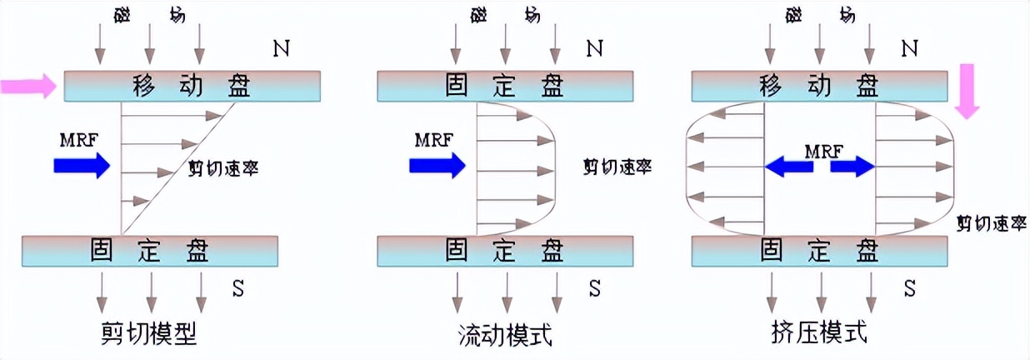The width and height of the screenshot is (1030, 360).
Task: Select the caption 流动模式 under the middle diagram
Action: [506, 335]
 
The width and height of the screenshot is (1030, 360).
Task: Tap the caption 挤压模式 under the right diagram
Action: [820, 333]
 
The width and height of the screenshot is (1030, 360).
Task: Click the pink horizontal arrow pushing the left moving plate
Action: [27, 85]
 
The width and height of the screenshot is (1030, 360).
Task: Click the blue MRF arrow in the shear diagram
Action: [81, 166]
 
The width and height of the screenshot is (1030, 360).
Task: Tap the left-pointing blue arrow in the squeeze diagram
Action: [788, 167]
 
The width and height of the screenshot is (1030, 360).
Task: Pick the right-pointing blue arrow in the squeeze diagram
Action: [852, 167]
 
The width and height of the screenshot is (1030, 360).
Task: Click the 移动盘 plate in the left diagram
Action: [192, 85]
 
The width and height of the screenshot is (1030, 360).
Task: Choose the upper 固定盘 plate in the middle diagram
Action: [506, 85]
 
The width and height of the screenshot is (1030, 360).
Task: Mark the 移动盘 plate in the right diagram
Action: [820, 85]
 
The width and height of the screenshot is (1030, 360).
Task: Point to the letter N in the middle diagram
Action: [594, 48]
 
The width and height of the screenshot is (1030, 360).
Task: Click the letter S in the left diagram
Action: [239, 288]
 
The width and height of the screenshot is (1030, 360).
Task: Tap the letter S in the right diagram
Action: [910, 288]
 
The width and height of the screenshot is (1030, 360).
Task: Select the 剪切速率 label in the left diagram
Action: [223, 167]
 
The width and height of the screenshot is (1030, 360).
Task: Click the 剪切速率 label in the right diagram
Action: [991, 222]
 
